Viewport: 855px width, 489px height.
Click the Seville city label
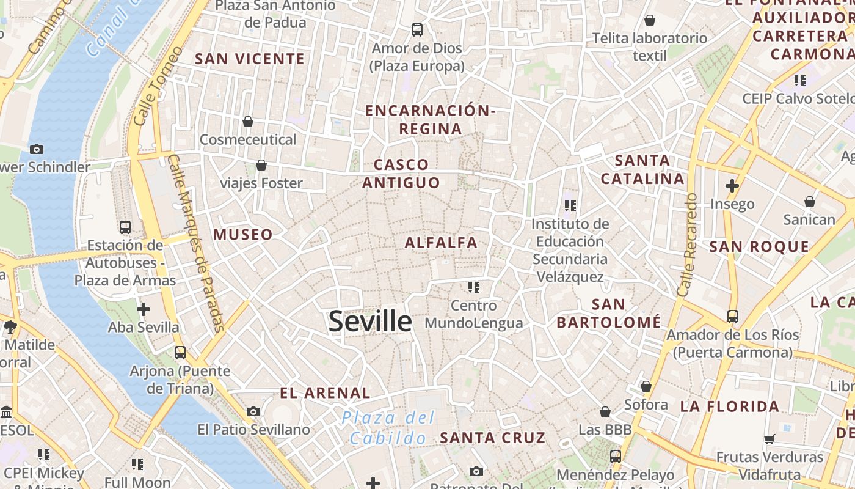click(370, 321)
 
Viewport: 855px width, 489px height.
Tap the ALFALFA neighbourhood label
click(441, 243)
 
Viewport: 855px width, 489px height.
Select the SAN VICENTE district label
click(249, 59)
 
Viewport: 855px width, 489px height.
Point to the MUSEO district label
click(243, 235)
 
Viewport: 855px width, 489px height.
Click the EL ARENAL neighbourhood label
click(325, 393)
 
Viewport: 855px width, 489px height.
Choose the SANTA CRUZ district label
click(492, 438)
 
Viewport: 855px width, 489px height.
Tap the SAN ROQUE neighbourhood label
click(759, 247)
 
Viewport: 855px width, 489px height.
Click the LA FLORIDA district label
click(729, 406)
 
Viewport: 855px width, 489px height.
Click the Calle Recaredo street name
click(687, 245)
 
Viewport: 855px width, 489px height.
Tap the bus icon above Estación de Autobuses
click(125, 227)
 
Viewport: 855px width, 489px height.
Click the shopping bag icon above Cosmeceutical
click(248, 122)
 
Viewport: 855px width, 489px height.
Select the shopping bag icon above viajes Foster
click(261, 165)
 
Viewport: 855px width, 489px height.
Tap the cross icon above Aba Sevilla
click(144, 309)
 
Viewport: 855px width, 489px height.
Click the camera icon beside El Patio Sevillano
click(253, 412)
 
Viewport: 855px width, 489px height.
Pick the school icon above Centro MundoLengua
click(473, 287)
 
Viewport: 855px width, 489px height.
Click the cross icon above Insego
click(732, 186)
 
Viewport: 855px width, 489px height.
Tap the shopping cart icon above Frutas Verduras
click(769, 439)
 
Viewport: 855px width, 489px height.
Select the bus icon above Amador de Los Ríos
click(732, 317)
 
